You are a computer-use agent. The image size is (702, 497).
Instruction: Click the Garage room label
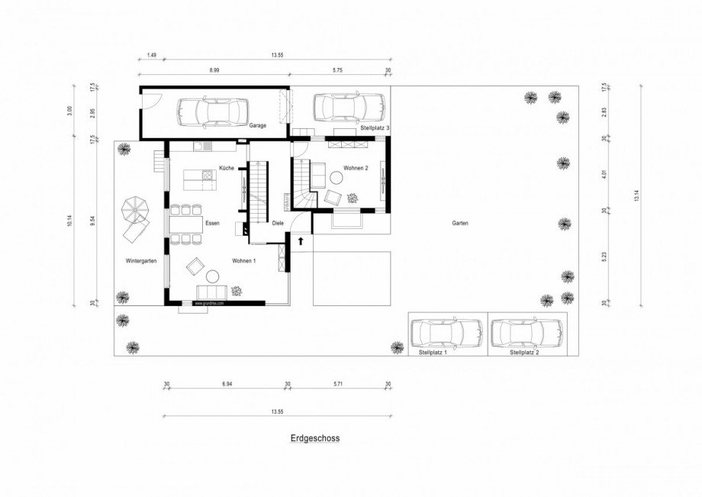pos(257,126)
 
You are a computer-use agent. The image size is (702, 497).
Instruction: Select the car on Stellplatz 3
pos(347,108)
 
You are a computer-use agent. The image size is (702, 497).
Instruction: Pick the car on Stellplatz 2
pos(526,333)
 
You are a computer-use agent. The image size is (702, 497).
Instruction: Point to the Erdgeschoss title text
pos(314,439)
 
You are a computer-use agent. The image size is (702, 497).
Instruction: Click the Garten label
pos(459,224)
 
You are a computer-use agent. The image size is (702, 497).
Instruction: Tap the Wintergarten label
pos(141,261)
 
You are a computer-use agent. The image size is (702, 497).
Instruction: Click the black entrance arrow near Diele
pos(301,241)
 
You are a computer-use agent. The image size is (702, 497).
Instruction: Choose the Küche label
pos(226,168)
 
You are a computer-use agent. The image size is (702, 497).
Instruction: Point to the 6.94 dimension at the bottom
pos(227,385)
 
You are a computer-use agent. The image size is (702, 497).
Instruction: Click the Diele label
pos(278,224)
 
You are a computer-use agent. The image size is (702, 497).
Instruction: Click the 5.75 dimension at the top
pos(337,70)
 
